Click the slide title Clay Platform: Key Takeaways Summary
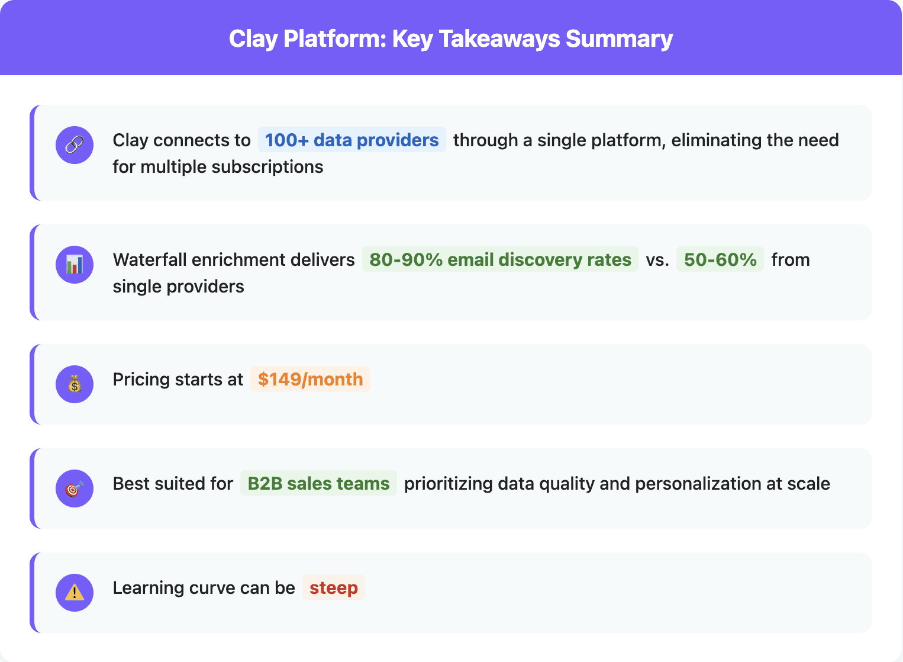point(451,39)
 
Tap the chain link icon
point(75,145)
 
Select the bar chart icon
point(75,265)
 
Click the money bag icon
point(75,384)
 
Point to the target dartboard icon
point(75,489)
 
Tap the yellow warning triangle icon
point(75,593)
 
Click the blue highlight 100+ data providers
point(351,140)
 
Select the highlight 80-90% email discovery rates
point(500,260)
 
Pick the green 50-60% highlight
point(720,260)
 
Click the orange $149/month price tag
point(310,380)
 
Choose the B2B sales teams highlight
point(318,484)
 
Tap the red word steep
point(334,588)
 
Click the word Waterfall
point(150,260)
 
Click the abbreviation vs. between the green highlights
point(657,260)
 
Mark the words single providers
point(178,287)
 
